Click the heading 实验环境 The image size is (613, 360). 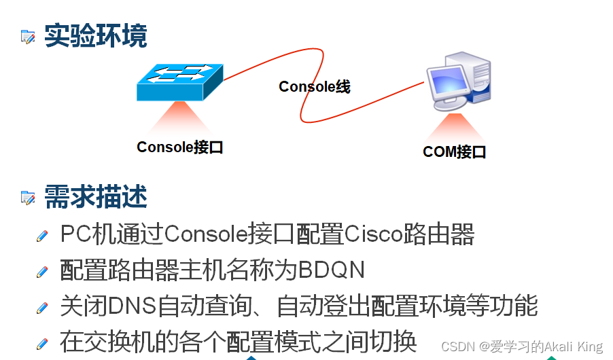pos(95,35)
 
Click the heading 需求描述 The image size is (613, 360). pos(95,197)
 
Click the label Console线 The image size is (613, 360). pos(314,86)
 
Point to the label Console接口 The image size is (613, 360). pos(180,147)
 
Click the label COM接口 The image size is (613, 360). pos(454,151)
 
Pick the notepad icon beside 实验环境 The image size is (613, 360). pos(28,37)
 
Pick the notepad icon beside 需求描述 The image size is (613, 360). pos(28,198)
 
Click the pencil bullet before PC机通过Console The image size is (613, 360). pos(43,236)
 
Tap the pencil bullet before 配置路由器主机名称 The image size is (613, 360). pos(43,271)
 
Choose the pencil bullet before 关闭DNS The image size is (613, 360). pos(43,307)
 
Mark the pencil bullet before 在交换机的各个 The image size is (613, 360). pos(43,342)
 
